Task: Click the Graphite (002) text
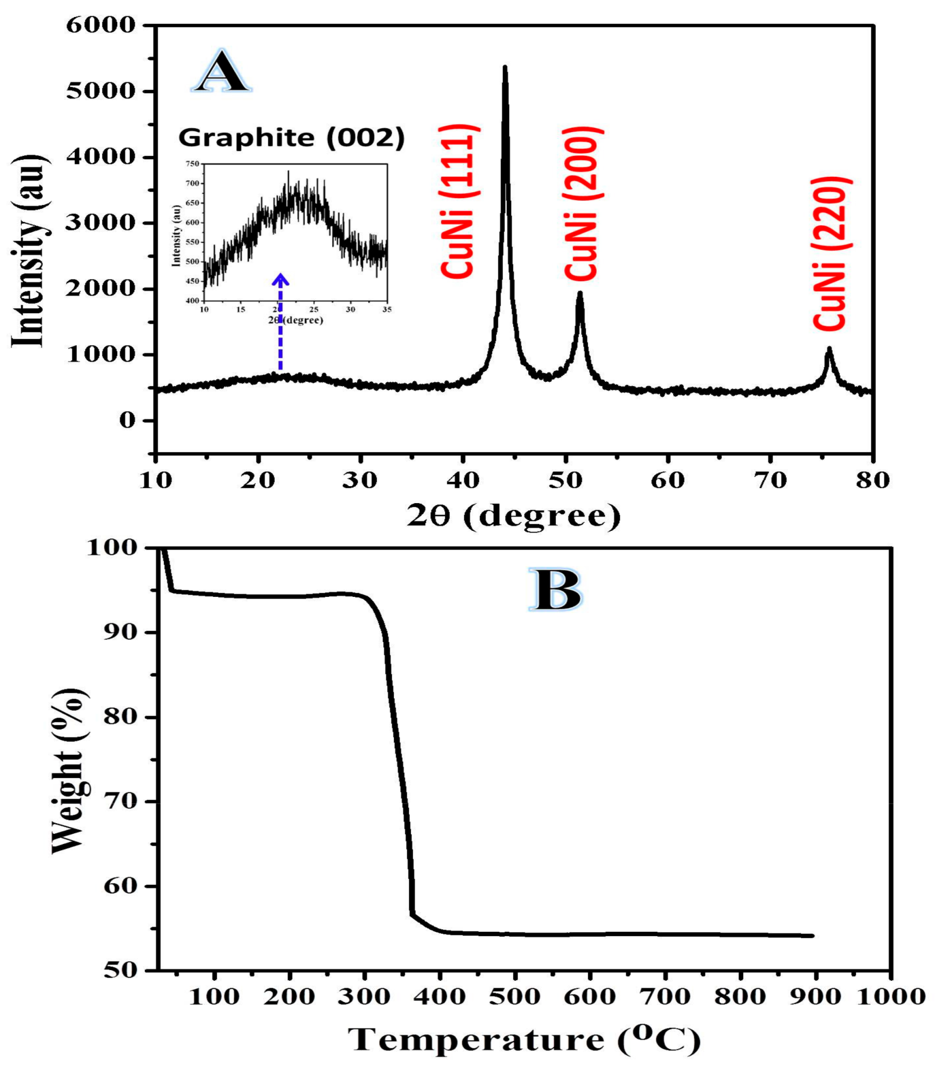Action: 291,138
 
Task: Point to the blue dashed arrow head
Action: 281,278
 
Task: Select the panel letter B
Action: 555,589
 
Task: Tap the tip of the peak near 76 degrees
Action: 829,349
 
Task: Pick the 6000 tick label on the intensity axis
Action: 101,24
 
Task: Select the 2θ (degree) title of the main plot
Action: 513,516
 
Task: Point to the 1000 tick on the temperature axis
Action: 890,996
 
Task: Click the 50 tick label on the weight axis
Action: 121,971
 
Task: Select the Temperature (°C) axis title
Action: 524,1040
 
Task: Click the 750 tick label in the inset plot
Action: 192,164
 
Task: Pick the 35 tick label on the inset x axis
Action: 387,309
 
